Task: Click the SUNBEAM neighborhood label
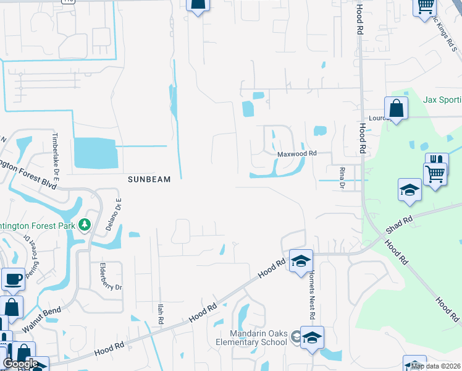pyautogui.click(x=148, y=179)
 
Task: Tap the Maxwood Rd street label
pyautogui.click(x=296, y=153)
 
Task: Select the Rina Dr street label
pyautogui.click(x=341, y=177)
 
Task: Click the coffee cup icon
pyautogui.click(x=13, y=279)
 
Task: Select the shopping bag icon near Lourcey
pyautogui.click(x=396, y=108)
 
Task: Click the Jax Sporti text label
pyautogui.click(x=442, y=99)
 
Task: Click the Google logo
pyautogui.click(x=20, y=364)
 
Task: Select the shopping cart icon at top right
pyautogui.click(x=424, y=6)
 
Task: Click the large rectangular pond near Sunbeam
pyautogui.click(x=95, y=153)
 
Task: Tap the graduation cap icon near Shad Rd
pyautogui.click(x=409, y=189)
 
